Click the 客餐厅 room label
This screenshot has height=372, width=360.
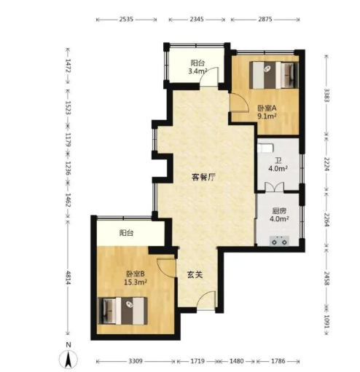(x=203, y=177)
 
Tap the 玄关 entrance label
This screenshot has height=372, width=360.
(x=195, y=274)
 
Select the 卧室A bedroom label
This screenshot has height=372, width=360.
(x=267, y=108)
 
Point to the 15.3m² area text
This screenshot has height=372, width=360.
(x=136, y=282)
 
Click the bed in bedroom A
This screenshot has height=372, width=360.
(x=274, y=75)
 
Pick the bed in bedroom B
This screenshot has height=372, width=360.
(x=122, y=311)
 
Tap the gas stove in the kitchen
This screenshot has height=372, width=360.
(x=279, y=241)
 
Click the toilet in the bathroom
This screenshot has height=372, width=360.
(x=265, y=148)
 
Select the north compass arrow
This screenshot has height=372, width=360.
(x=69, y=360)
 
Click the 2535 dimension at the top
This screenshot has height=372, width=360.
(x=126, y=19)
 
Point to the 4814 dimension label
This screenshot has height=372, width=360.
(x=68, y=278)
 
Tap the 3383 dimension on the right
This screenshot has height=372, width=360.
(x=327, y=95)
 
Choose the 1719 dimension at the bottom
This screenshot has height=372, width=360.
(x=197, y=361)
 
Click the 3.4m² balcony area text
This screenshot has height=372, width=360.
(x=197, y=71)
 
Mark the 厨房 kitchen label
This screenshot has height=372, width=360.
(x=279, y=210)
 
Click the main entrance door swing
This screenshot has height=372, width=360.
(x=206, y=300)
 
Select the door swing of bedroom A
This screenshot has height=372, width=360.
(x=239, y=103)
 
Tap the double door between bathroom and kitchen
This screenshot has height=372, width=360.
(x=274, y=187)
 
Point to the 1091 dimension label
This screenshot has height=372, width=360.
(x=327, y=321)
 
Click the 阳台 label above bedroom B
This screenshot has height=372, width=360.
(x=126, y=233)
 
